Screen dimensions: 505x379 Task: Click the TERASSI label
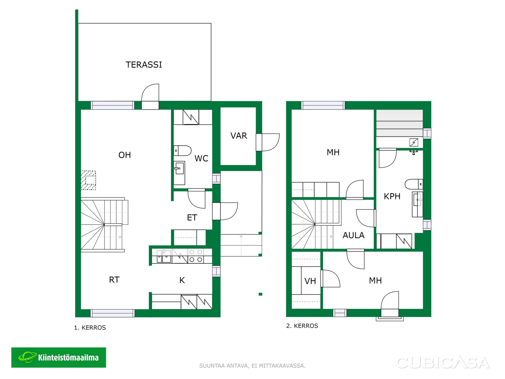(x=144, y=65)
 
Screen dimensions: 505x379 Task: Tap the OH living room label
(x=124, y=155)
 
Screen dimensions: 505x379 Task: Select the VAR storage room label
(x=239, y=136)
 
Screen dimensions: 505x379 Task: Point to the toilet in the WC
(x=183, y=151)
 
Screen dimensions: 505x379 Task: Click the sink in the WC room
(x=179, y=173)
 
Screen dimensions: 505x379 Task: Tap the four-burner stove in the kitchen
(x=196, y=256)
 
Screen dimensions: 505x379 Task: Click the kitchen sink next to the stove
(x=164, y=256)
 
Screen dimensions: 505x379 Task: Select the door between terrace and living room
(x=150, y=96)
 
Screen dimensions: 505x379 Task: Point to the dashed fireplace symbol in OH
(x=88, y=180)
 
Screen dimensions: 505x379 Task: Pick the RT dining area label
(x=114, y=280)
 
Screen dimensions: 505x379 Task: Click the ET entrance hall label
(x=192, y=218)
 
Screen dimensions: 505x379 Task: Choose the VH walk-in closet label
(x=310, y=281)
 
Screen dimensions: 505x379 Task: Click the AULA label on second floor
(x=353, y=235)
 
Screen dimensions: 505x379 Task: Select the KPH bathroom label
(x=392, y=196)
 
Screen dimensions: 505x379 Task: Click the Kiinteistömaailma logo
(x=59, y=357)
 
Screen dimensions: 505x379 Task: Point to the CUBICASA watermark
(x=443, y=362)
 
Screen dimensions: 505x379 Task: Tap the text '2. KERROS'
(x=302, y=326)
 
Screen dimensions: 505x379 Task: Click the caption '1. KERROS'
(x=90, y=328)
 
